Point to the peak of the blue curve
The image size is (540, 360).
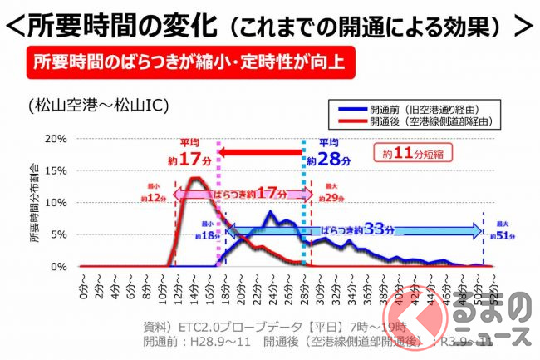point(270,213)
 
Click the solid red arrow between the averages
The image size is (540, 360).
point(258,152)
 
